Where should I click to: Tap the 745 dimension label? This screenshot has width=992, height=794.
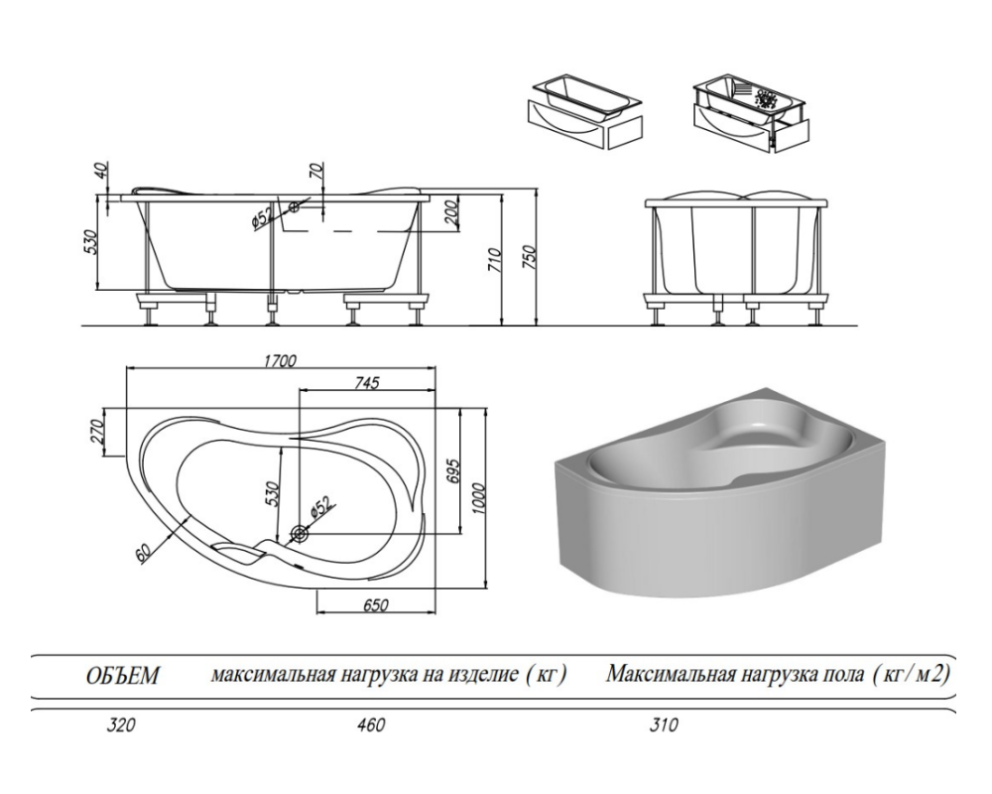point(366,383)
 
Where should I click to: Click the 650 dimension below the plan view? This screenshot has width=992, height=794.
point(375,605)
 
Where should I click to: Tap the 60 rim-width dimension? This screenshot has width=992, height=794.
point(145,554)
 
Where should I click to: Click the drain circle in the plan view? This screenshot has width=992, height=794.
point(299,535)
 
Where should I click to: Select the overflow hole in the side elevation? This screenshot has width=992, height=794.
point(294,207)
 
